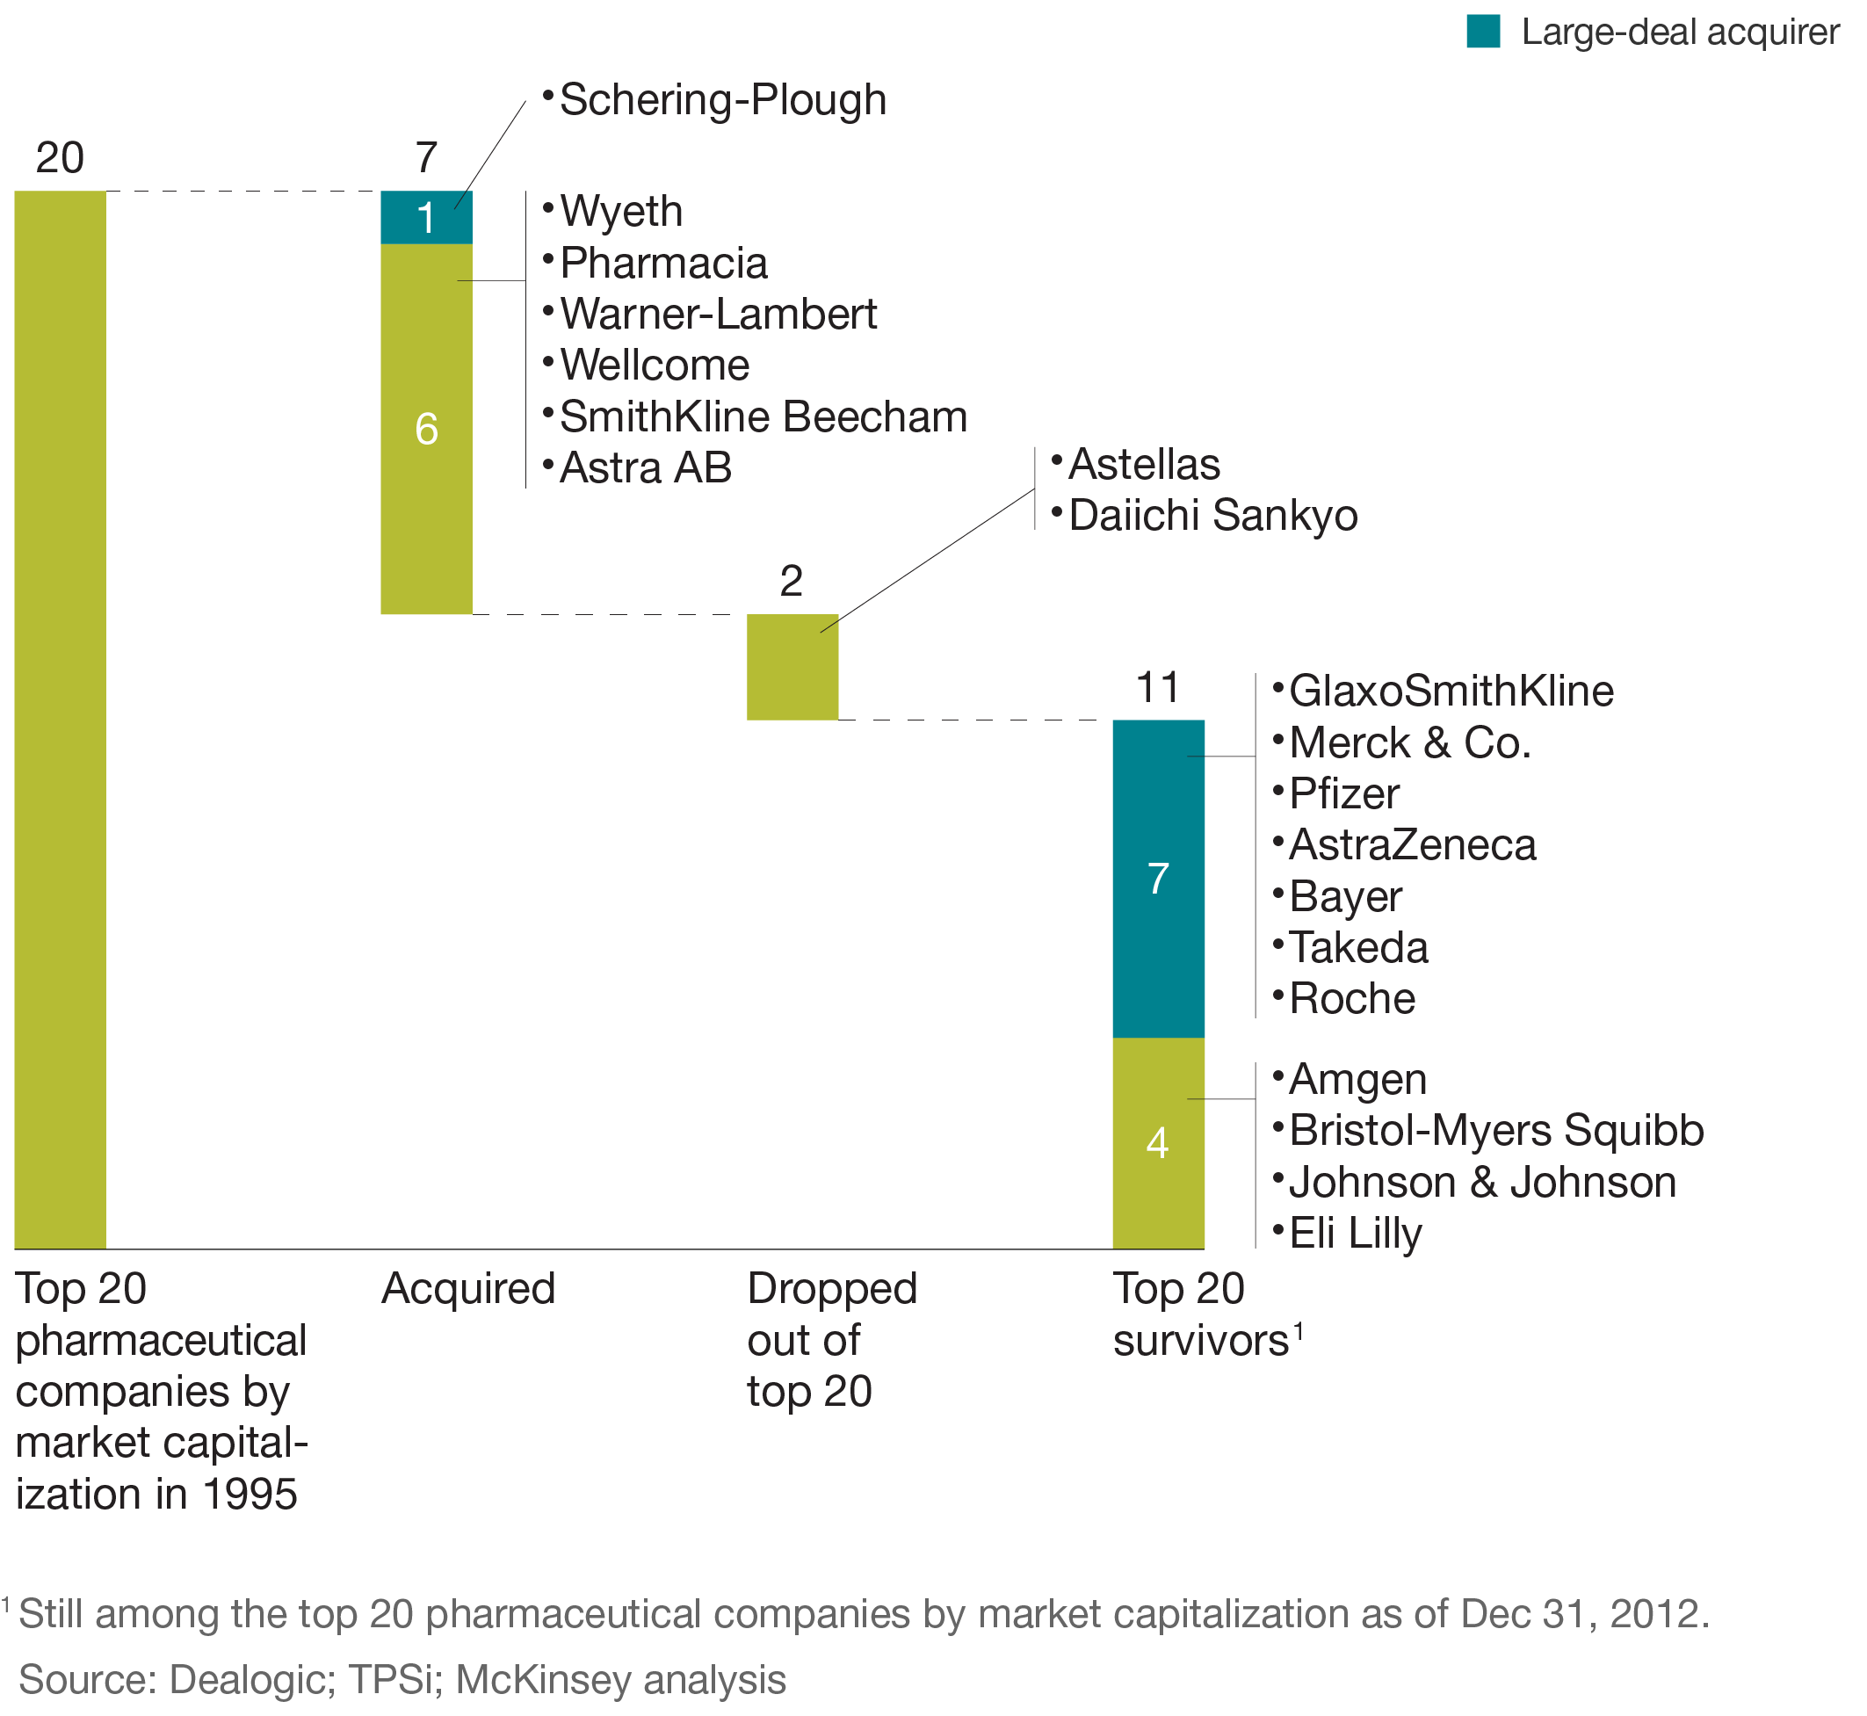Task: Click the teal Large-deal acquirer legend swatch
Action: coord(1483,32)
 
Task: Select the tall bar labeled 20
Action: coord(61,720)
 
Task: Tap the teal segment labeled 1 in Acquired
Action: coord(426,217)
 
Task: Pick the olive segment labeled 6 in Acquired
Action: coord(426,429)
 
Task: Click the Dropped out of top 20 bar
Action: coord(792,667)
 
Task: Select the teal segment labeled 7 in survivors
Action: coord(1158,879)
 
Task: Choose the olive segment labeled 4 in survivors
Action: coord(1158,1142)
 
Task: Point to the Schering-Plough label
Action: coord(722,100)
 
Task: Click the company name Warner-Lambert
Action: coord(718,314)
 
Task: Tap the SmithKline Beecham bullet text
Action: coord(763,417)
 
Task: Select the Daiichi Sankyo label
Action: coord(1212,516)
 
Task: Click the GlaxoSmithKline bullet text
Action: coord(1451,691)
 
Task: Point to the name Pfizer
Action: coord(1343,794)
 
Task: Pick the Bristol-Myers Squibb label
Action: coord(1495,1130)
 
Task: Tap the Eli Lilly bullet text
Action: coord(1355,1233)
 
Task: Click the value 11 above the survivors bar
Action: coord(1158,688)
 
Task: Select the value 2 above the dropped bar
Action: coord(791,582)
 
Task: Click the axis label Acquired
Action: coord(468,1289)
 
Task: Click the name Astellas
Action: coord(1144,464)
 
